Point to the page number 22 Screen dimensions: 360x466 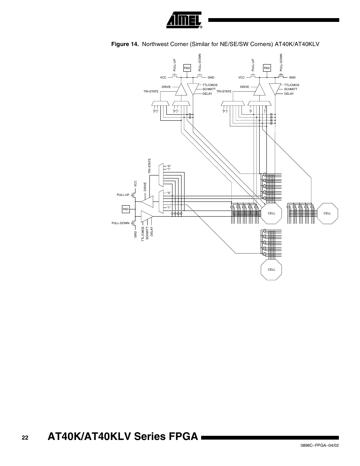pos(25,437)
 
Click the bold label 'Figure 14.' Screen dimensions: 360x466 pos(125,45)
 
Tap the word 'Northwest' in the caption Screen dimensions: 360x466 pos(155,45)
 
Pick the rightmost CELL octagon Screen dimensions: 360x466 pos(327,213)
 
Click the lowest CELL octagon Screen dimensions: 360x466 pos(271,269)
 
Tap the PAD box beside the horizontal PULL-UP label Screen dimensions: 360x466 pos(125,209)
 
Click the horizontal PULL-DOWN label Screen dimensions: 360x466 pos(120,223)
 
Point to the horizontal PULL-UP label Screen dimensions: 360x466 pos(123,195)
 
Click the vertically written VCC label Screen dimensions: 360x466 pos(135,184)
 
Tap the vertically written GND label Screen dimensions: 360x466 pos(135,234)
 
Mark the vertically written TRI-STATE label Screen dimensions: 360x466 pos(149,166)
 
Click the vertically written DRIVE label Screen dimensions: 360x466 pos(145,187)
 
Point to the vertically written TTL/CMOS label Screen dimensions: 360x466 pos(143,234)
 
